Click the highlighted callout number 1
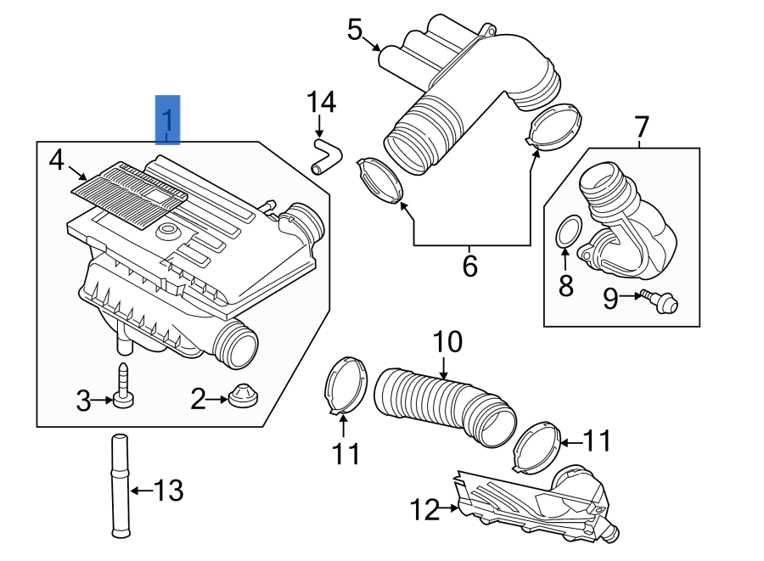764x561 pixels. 167,120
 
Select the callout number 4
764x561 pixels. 56,160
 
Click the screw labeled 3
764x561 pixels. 123,386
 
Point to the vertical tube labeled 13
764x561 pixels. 119,485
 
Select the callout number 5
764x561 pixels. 355,30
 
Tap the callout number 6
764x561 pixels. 469,266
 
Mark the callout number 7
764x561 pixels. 641,128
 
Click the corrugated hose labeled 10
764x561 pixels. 446,406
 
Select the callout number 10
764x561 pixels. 447,342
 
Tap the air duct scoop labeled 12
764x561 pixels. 535,506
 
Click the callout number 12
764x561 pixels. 426,510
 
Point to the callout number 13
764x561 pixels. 168,490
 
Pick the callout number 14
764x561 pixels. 321,103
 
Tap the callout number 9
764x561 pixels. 610,298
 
